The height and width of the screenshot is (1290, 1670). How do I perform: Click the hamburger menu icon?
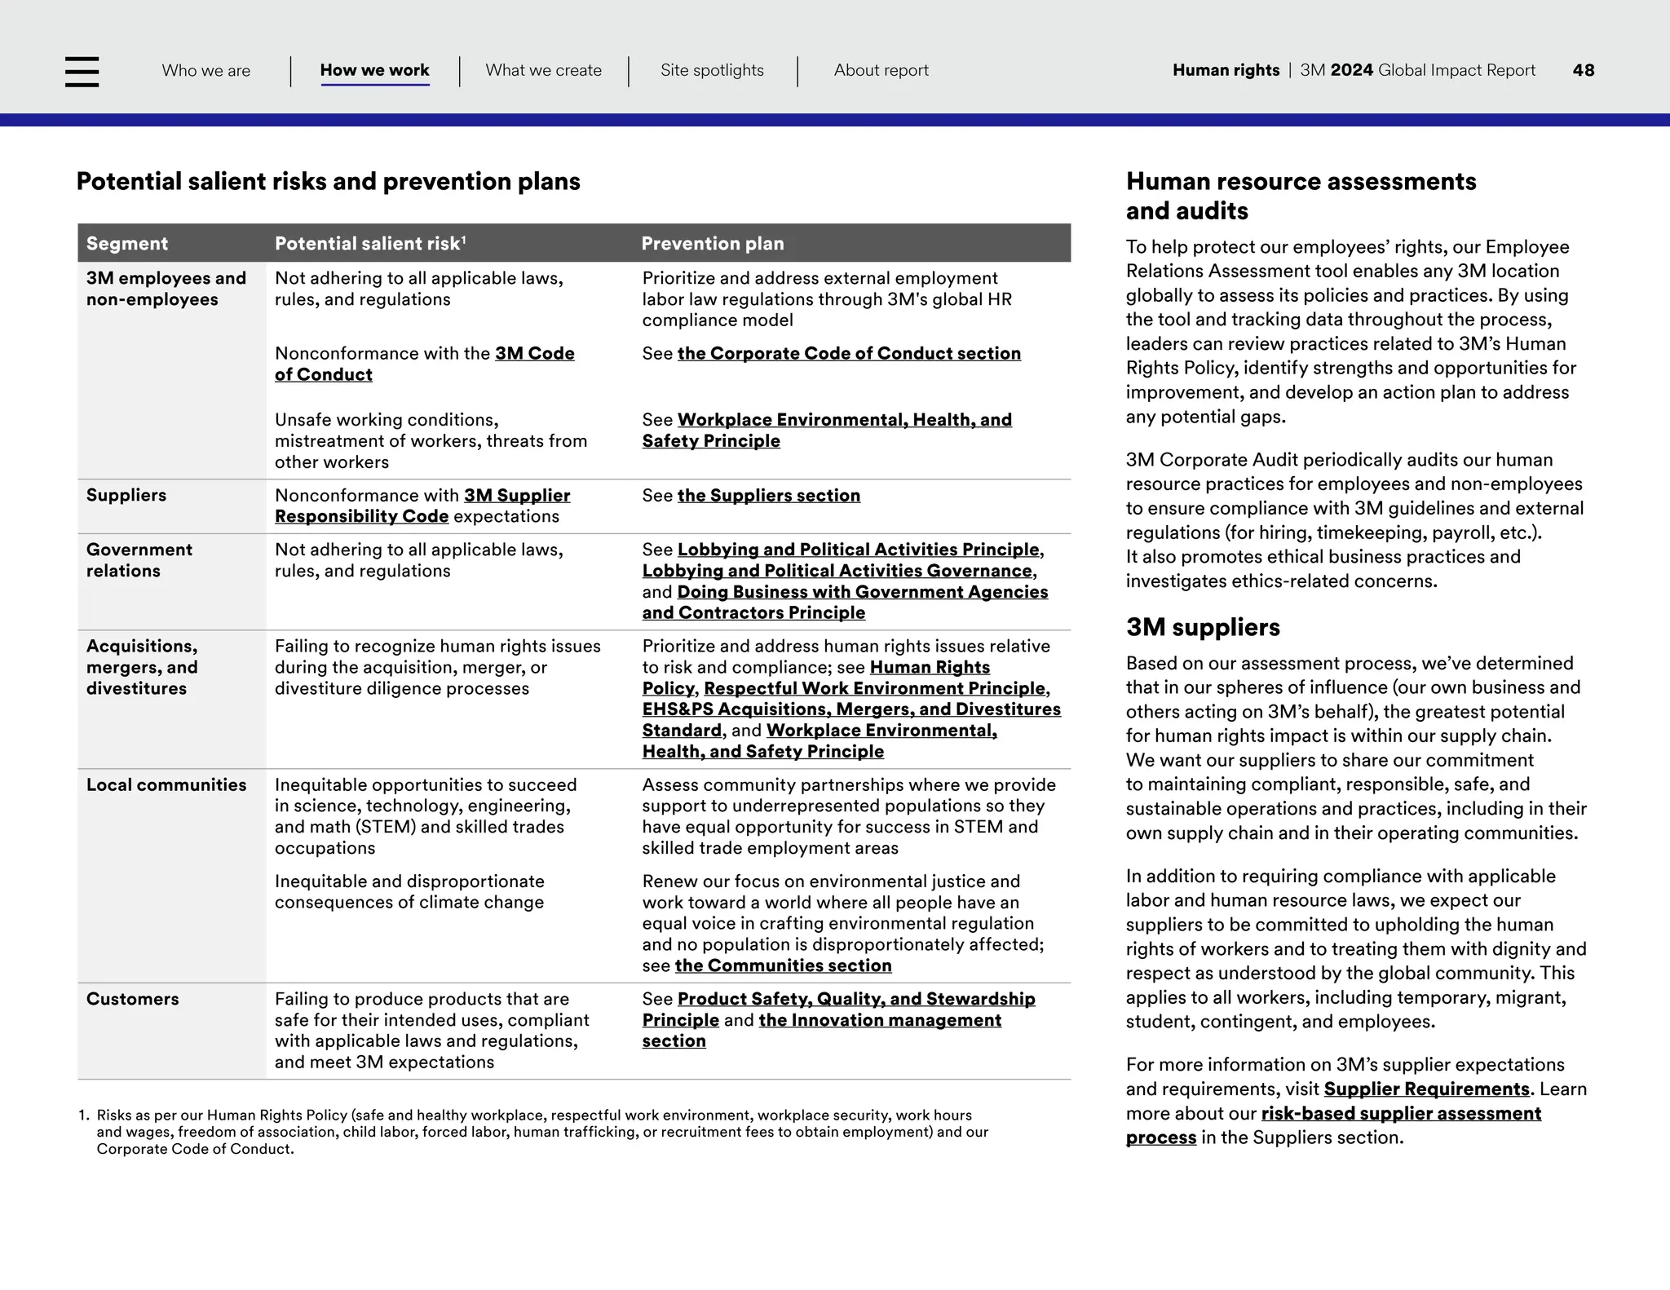(82, 71)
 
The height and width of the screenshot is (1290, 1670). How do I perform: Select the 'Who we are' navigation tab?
(206, 70)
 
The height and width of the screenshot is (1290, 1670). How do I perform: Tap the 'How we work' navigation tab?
(374, 70)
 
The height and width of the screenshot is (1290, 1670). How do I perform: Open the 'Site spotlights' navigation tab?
(712, 70)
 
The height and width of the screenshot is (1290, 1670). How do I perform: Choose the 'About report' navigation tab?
(881, 70)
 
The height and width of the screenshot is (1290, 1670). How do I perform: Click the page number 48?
(1583, 70)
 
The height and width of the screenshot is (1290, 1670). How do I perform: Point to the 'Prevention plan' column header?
(713, 243)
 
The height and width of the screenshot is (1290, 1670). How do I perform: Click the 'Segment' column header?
(126, 243)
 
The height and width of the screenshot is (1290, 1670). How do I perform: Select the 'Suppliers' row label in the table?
(126, 495)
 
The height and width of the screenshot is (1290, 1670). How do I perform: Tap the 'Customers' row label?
(132, 999)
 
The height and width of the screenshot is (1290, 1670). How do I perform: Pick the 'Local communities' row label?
(166, 784)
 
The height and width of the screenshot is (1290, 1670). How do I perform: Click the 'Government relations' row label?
(139, 560)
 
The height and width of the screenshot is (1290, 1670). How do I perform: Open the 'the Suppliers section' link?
(768, 495)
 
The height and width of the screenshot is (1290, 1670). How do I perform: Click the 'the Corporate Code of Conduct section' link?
(849, 353)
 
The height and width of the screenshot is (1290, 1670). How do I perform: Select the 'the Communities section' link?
(783, 965)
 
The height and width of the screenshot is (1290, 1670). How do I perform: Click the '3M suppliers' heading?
(1203, 627)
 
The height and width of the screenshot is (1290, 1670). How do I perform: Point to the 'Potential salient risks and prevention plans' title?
(328, 181)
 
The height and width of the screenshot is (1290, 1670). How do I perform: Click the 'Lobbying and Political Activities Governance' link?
(837, 571)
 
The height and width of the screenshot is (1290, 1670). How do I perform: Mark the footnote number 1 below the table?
(82, 1115)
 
